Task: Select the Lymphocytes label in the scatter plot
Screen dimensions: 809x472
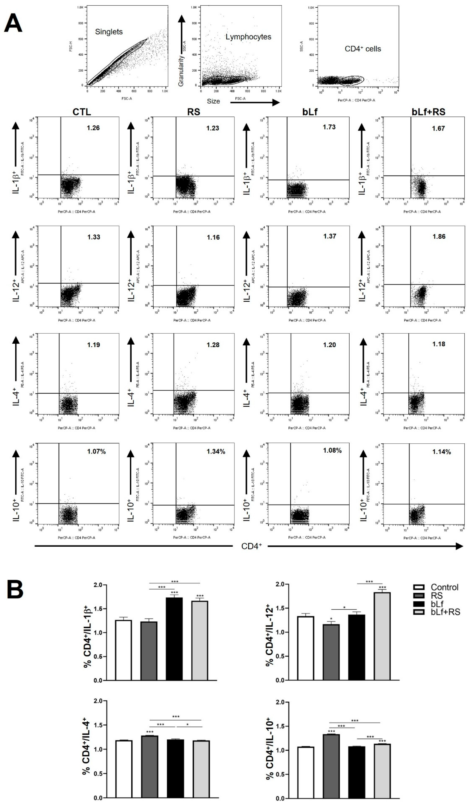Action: coord(248,37)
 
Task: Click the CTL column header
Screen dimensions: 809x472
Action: coord(82,112)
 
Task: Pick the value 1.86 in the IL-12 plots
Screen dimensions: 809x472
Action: coord(439,237)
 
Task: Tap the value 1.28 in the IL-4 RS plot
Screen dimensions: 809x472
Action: coord(213,345)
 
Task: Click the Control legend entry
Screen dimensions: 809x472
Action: coord(444,588)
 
